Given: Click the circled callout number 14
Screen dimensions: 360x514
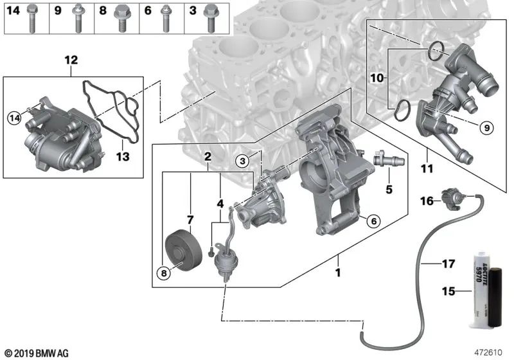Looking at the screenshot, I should [x=14, y=117].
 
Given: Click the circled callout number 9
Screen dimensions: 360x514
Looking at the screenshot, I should [x=486, y=128].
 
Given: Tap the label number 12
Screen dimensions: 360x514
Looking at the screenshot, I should [x=71, y=61].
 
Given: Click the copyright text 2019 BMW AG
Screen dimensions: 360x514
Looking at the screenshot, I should [x=37, y=352].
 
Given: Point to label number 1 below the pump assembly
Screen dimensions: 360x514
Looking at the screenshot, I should [x=337, y=273].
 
